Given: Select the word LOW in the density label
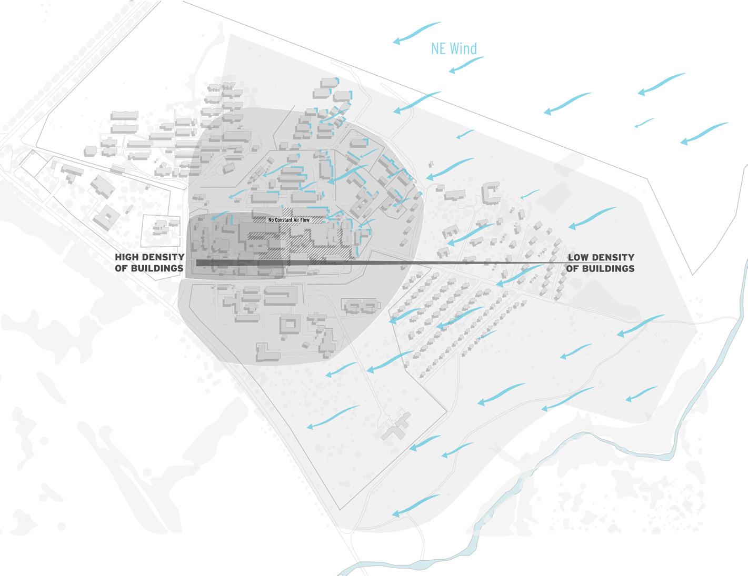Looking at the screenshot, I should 579,257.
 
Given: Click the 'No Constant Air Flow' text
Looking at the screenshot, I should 288,220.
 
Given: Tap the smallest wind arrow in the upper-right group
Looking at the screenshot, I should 644,123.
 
